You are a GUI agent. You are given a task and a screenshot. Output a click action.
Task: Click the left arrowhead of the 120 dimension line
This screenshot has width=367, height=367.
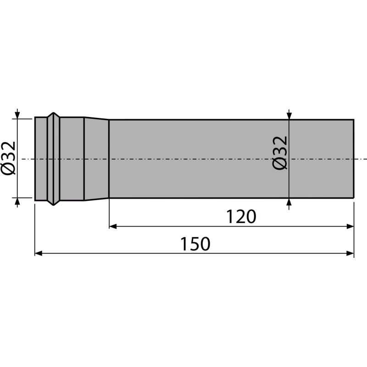click(x=113, y=226)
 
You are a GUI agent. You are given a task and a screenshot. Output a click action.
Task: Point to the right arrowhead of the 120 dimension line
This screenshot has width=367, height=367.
click(x=350, y=226)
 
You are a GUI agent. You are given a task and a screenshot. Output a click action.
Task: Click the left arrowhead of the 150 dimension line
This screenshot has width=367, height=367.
click(x=39, y=253)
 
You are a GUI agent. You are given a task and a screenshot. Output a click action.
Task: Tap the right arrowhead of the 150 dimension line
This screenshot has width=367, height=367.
click(x=350, y=253)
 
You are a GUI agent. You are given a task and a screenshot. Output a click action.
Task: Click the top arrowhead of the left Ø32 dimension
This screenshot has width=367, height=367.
click(x=17, y=114)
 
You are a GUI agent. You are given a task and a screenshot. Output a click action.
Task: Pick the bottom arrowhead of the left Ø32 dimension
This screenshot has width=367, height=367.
click(x=17, y=202)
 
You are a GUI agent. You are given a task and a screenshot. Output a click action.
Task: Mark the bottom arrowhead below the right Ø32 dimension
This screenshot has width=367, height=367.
click(x=289, y=202)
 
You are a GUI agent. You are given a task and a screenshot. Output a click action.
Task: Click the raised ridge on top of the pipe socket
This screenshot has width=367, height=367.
click(x=54, y=115)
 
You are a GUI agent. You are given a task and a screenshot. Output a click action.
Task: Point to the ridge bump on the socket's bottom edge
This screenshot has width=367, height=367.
click(x=54, y=202)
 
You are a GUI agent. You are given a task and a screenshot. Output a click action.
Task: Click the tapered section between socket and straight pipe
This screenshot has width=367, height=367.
click(x=96, y=159)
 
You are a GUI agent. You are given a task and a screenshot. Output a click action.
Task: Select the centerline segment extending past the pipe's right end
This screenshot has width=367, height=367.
click(x=361, y=159)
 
